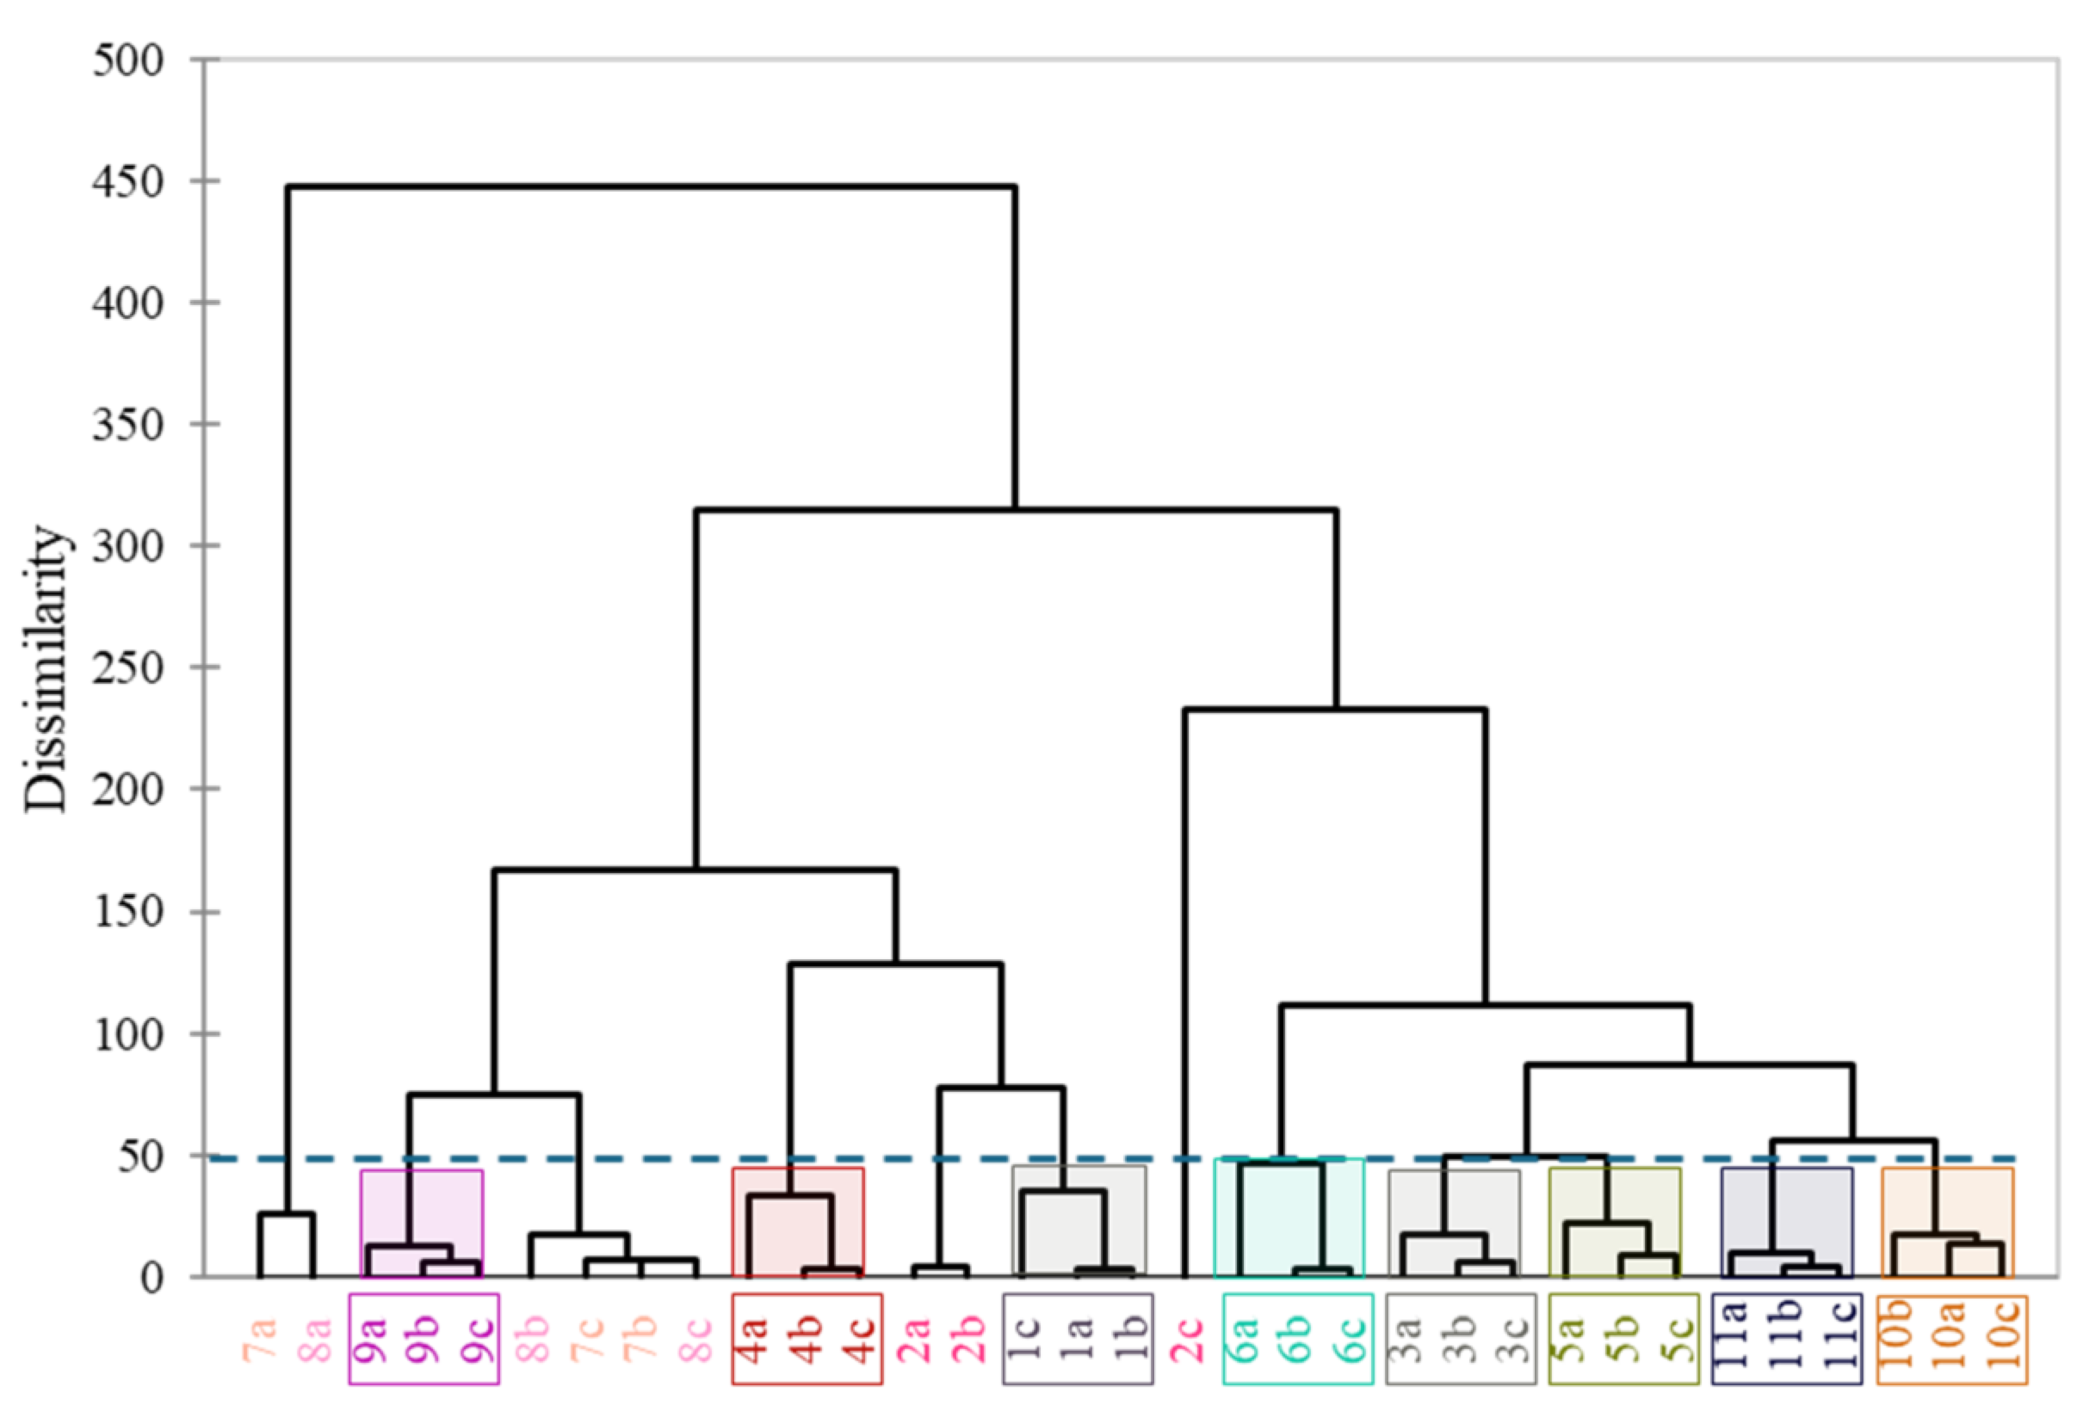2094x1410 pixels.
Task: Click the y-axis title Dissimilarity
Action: (45, 670)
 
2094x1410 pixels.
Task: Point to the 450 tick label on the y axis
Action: (128, 182)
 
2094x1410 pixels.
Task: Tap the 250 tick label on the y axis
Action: (128, 668)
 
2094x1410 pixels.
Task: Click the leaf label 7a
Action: (262, 1339)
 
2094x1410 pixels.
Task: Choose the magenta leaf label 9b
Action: (423, 1339)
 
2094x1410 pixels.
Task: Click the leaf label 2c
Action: (1188, 1339)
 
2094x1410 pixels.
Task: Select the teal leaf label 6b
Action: (1297, 1339)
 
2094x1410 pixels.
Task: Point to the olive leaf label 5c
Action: (1675, 1339)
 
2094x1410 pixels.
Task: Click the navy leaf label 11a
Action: (1733, 1339)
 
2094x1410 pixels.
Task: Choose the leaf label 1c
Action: (1027, 1339)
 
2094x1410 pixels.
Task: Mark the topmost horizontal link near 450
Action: (651, 187)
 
